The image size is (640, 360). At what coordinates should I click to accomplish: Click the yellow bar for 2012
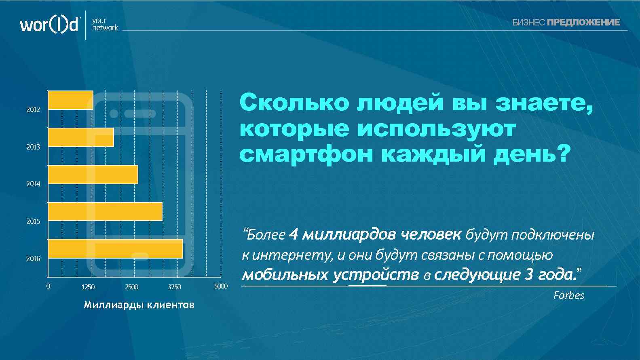[x=71, y=100]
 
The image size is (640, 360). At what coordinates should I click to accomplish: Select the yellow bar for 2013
[x=81, y=137]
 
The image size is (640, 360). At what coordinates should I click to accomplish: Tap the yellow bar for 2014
[x=93, y=175]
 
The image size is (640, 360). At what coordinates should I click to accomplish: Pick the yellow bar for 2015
[x=105, y=211]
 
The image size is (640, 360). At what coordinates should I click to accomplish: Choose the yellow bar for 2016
[x=116, y=248]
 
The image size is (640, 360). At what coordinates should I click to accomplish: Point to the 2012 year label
[x=33, y=109]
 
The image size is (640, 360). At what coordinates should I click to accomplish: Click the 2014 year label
[x=33, y=184]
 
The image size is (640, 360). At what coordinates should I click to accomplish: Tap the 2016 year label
[x=33, y=259]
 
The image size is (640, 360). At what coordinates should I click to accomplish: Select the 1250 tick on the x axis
[x=88, y=287]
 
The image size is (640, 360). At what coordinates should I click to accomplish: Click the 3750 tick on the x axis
[x=175, y=287]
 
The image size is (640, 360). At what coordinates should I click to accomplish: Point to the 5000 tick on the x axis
[x=221, y=286]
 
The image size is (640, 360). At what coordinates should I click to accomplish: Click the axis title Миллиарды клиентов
[x=139, y=305]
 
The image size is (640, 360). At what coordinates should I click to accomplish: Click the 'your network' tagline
[x=105, y=24]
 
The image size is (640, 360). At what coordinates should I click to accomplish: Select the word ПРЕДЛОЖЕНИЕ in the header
[x=583, y=23]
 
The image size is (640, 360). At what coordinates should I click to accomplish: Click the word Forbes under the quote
[x=568, y=295]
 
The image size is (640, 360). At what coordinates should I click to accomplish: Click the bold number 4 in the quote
[x=294, y=234]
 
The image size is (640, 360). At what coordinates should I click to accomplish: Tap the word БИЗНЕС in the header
[x=528, y=23]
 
